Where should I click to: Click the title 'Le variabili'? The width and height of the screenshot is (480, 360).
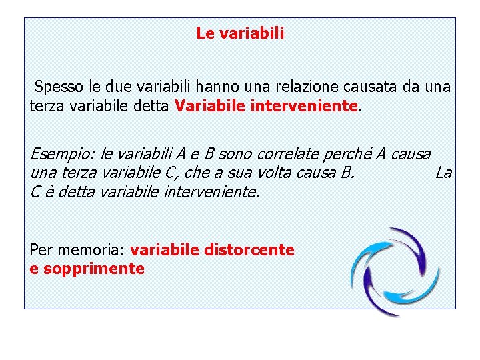click(240, 33)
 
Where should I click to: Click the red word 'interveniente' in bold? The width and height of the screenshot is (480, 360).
click(304, 105)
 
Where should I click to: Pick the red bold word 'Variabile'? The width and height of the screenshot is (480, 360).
click(209, 105)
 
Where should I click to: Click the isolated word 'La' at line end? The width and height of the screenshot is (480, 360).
click(443, 173)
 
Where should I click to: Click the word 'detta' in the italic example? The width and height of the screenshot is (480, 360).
click(69, 192)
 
